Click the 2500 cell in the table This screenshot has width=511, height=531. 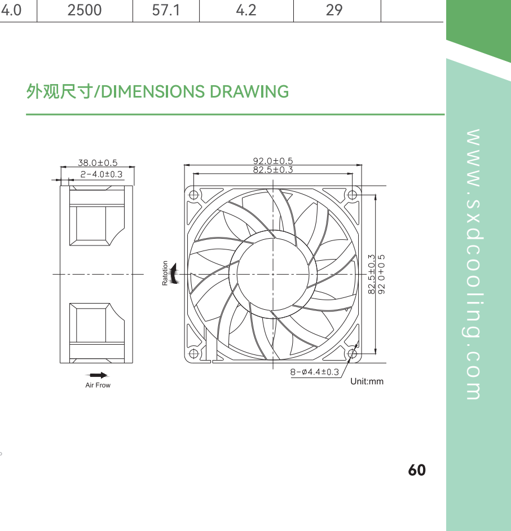tap(85, 10)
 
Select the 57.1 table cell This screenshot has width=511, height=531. tap(166, 10)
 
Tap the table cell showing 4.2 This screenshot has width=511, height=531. tap(246, 10)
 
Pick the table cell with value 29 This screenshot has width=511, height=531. tap(334, 10)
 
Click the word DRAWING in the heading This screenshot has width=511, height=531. tap(249, 92)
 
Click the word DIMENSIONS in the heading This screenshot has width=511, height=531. tap(153, 92)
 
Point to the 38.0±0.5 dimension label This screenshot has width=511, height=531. tap(98, 163)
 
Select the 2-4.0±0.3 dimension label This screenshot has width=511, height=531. tap(101, 174)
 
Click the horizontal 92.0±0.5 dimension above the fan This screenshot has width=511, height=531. tap(273, 161)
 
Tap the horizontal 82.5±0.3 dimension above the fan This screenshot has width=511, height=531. tap(273, 170)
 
